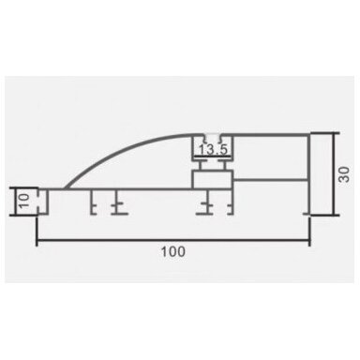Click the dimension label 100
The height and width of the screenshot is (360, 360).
pos(173,252)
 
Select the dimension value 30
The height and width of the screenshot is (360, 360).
pos(345,174)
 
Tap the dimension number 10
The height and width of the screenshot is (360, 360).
pos(24,201)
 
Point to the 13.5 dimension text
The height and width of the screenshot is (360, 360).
pos(213,150)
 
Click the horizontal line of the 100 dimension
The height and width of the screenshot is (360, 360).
pos(173,240)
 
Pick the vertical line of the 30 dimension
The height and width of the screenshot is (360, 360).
pos(334,174)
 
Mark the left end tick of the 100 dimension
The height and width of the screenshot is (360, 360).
pos(37,232)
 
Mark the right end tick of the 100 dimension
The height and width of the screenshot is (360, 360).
pos(309,232)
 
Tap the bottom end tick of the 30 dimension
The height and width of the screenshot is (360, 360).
pos(325,215)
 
